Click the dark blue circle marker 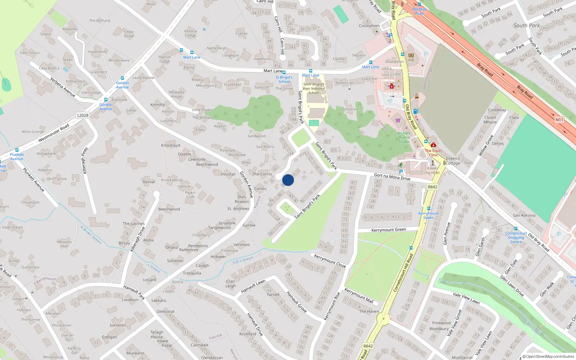click(288, 180)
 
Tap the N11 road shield click(559, 120)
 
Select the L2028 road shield click(83, 116)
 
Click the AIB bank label click(411, 60)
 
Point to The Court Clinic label click(433, 153)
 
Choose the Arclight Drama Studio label click(404, 137)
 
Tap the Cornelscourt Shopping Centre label click(516, 238)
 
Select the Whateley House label click(176, 94)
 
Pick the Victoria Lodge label click(190, 33)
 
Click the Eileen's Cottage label click(453, 161)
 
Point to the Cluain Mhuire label click(490, 120)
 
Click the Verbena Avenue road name click(63, 87)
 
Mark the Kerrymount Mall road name click(359, 295)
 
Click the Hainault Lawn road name click(253, 287)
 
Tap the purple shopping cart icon click(398, 120)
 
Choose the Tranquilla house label click(192, 273)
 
